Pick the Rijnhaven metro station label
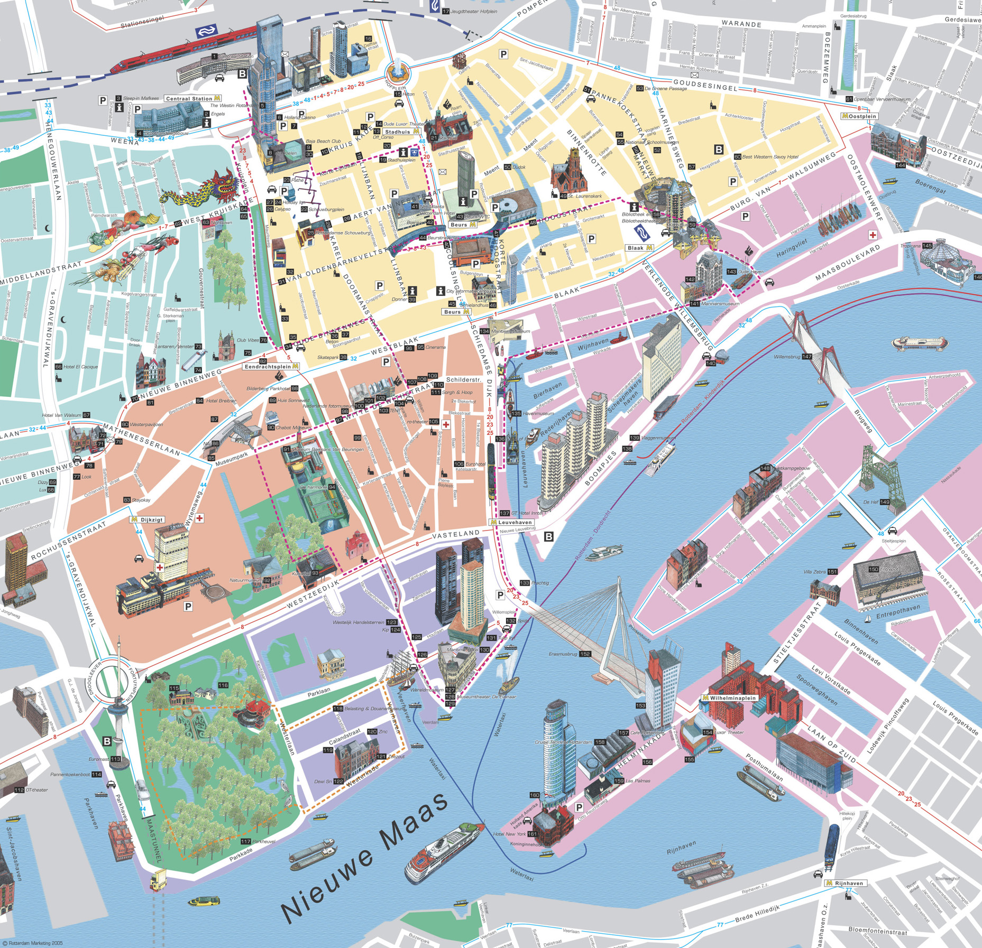[846, 883]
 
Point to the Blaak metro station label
[639, 248]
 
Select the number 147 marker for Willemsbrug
[806, 357]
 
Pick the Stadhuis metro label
[401, 132]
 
